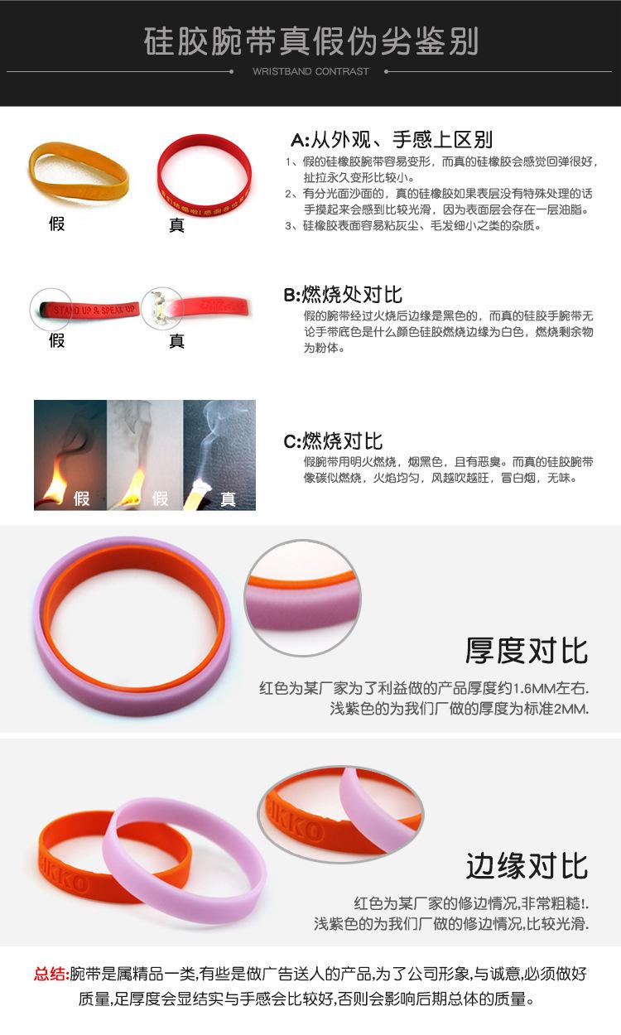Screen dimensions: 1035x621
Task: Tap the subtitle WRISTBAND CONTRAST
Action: point(310,72)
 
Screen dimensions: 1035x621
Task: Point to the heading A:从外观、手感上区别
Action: point(392,139)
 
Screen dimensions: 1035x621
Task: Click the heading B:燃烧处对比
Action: point(343,294)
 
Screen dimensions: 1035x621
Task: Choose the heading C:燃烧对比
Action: point(333,440)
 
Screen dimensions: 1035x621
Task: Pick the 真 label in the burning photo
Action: point(228,498)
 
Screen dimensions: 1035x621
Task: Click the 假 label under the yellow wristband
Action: point(56,224)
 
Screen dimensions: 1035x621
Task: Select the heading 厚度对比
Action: point(527,650)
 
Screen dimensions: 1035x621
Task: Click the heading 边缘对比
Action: point(527,866)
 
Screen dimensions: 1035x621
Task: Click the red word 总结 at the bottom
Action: point(51,974)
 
